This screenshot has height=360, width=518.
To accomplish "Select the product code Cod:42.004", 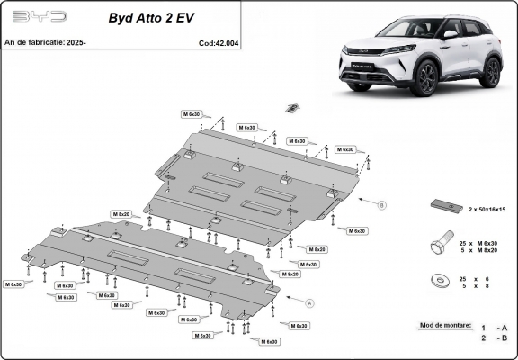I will [219, 42].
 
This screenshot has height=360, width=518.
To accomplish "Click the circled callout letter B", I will [381, 205].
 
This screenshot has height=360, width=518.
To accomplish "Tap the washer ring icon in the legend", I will [443, 282].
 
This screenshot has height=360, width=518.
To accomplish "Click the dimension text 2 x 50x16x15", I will [487, 209].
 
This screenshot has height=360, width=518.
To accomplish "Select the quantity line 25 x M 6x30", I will [485, 244].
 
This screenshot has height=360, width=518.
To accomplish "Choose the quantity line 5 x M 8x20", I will [485, 252].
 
